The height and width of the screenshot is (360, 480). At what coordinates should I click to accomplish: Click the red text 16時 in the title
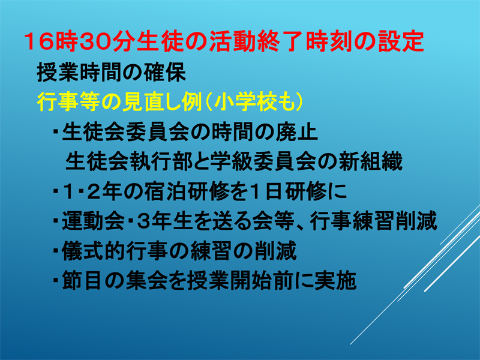(x=51, y=41)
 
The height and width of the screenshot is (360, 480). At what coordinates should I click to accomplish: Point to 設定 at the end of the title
(x=401, y=41)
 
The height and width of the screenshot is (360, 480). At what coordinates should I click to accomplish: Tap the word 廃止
(x=296, y=132)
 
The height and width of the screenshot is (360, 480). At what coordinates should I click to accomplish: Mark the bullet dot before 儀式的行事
(x=56, y=251)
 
